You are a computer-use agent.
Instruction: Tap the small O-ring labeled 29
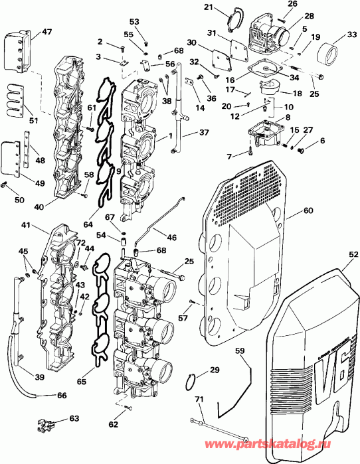[x=191, y=382]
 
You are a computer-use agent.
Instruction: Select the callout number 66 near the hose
[x=61, y=396]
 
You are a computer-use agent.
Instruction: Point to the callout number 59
[x=240, y=351]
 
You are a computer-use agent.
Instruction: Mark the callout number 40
[x=39, y=206]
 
